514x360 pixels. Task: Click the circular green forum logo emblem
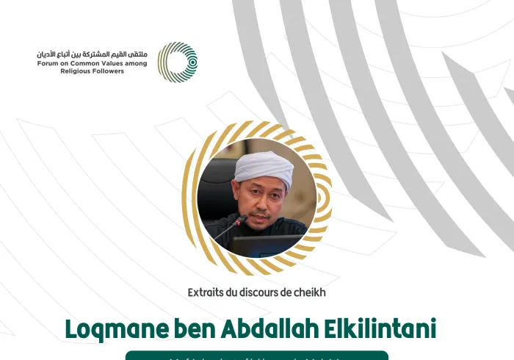(178, 62)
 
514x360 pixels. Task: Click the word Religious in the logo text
(76, 71)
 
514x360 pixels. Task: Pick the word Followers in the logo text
(109, 71)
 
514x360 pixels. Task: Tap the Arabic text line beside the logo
(93, 54)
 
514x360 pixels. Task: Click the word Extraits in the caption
(207, 292)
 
